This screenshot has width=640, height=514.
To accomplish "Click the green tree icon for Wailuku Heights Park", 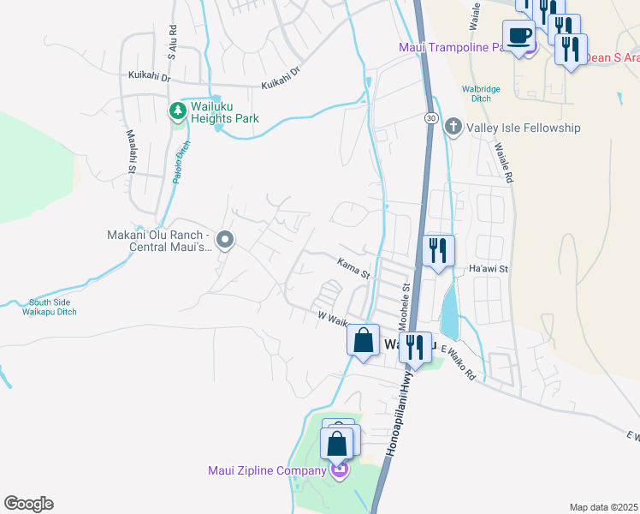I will (177, 111).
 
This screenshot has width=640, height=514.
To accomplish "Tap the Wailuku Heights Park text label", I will (224, 113).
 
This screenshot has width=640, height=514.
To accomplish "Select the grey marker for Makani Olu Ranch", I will (224, 240).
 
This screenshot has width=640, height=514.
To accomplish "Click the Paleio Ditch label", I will (181, 159).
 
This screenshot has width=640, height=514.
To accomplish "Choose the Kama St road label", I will (352, 269).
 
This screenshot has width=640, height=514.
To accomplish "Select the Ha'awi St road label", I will (489, 269).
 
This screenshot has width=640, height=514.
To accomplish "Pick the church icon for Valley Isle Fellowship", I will (453, 128).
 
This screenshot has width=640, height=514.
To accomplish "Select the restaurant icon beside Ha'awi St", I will (437, 250).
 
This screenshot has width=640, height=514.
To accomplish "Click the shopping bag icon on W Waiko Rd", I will (363, 339).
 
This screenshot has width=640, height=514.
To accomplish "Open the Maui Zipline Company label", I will (266, 469).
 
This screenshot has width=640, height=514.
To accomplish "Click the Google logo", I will (28, 504).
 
